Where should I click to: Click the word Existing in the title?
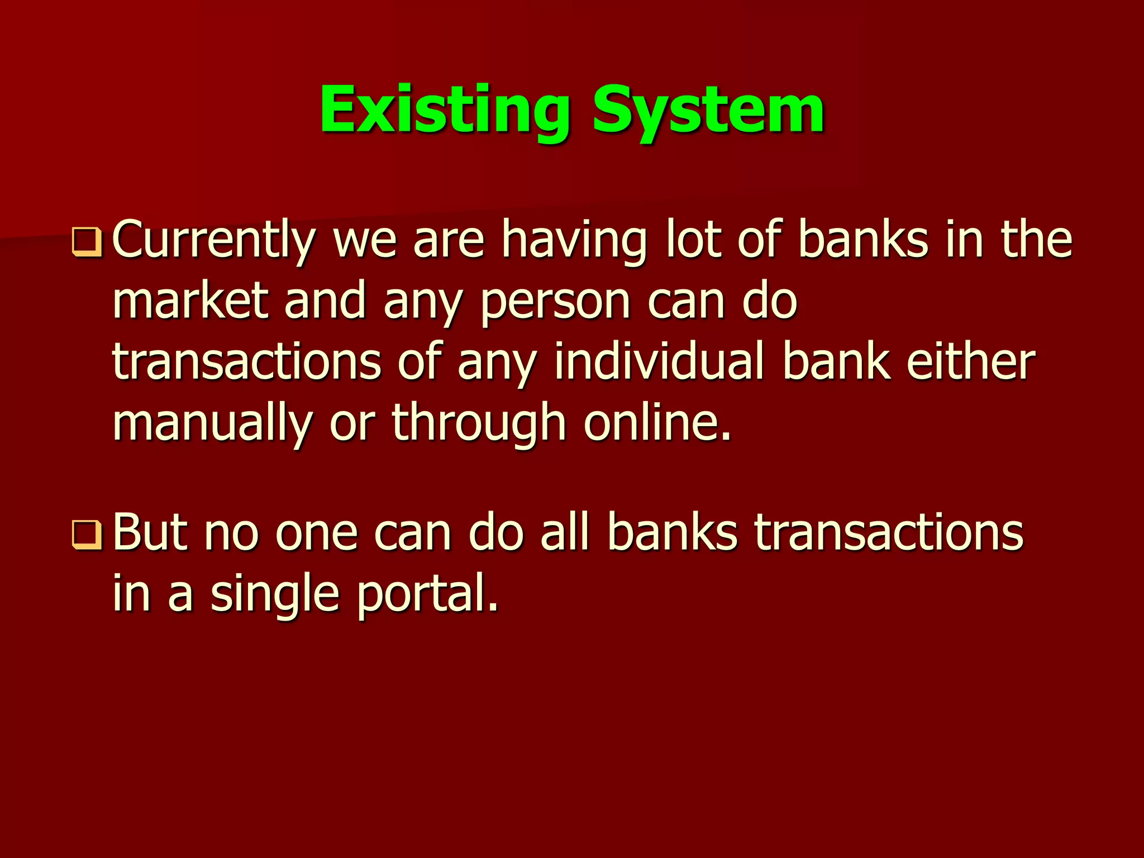tap(444, 110)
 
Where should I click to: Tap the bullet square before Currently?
tap(87, 242)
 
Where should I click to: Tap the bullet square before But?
tap(87, 535)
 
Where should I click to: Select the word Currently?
tap(214, 240)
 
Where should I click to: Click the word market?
tap(190, 301)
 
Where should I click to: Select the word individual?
tap(659, 361)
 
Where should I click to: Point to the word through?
tap(479, 423)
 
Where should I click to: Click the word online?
tap(657, 423)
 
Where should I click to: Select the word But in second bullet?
tap(150, 532)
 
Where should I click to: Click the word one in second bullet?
tap(316, 532)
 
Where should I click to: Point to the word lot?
tap(693, 240)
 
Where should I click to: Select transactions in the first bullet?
tap(246, 361)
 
